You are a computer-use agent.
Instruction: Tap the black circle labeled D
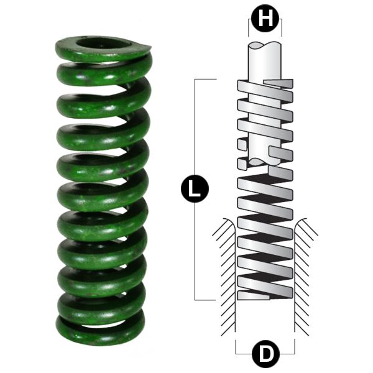coord(265,354)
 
